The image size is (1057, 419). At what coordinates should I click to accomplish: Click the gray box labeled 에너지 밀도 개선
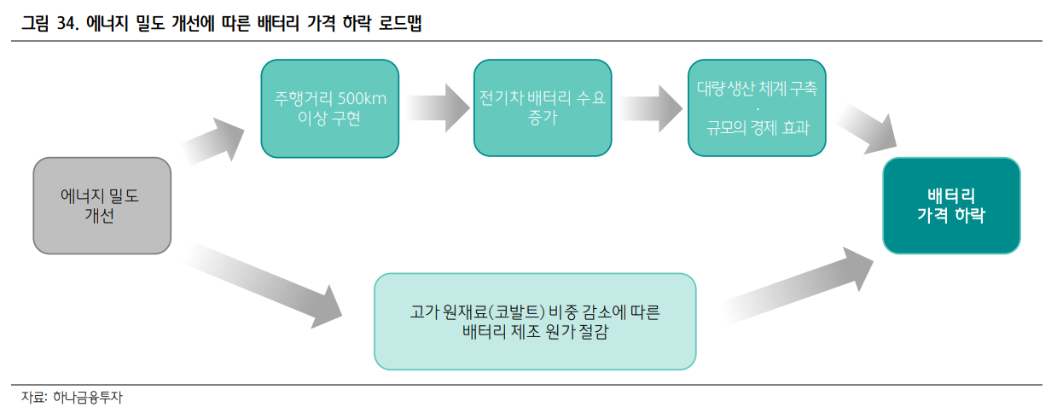click(102, 205)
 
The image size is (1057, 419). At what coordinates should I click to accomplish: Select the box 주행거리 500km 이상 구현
click(329, 108)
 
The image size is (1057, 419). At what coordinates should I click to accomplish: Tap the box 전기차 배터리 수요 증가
click(543, 108)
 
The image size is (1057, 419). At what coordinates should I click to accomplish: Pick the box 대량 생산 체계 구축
click(757, 108)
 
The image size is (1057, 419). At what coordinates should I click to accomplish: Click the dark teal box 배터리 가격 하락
click(951, 206)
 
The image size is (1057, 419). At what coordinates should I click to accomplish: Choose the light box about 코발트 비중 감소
click(535, 322)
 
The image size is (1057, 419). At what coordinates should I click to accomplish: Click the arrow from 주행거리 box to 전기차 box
click(437, 104)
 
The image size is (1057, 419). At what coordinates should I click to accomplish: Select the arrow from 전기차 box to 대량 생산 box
click(650, 105)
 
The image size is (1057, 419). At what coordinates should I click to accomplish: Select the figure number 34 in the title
click(67, 25)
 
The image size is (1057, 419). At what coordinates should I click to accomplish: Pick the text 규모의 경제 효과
click(758, 128)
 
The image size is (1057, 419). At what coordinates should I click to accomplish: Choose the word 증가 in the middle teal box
click(543, 118)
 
